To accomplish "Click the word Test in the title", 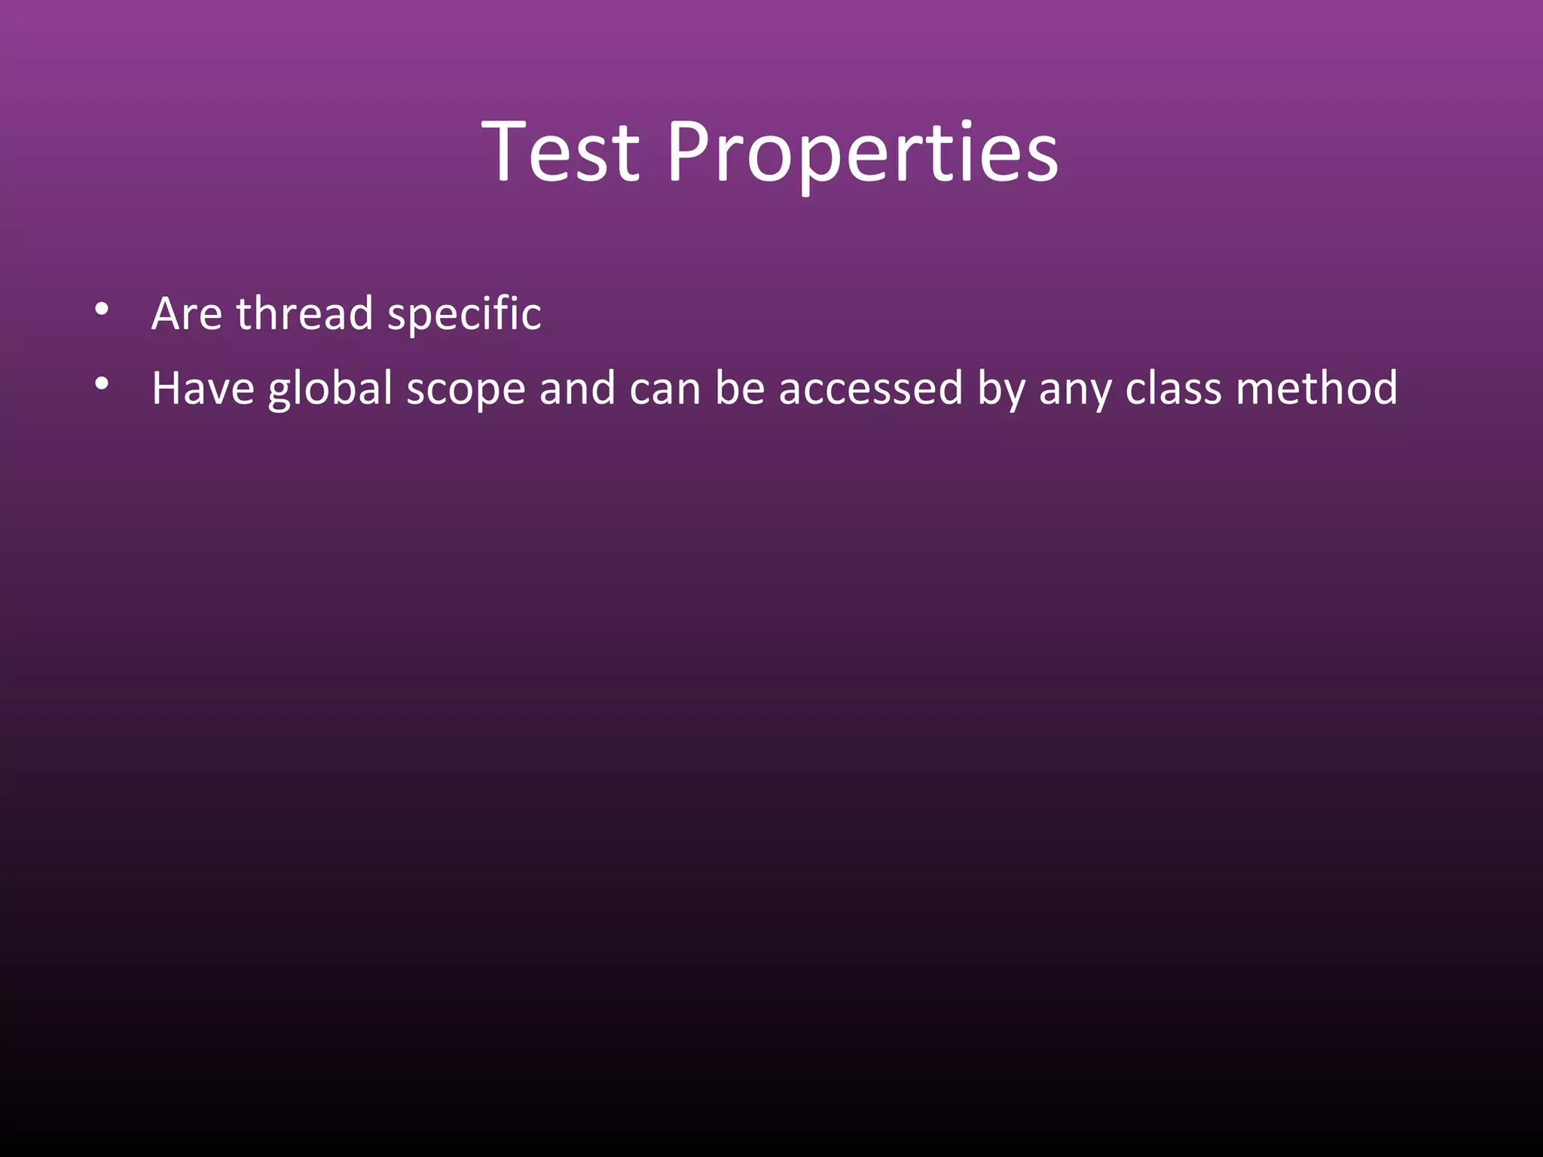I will [561, 153].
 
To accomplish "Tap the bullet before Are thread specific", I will [102, 309].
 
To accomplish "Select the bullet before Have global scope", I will [102, 384].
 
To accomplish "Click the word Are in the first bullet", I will [186, 313].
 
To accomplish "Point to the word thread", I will [304, 313].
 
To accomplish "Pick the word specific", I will [464, 313].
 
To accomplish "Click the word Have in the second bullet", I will [203, 389].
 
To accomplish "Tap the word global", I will [330, 389].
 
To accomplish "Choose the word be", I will [739, 389].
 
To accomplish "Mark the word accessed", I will [870, 389].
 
